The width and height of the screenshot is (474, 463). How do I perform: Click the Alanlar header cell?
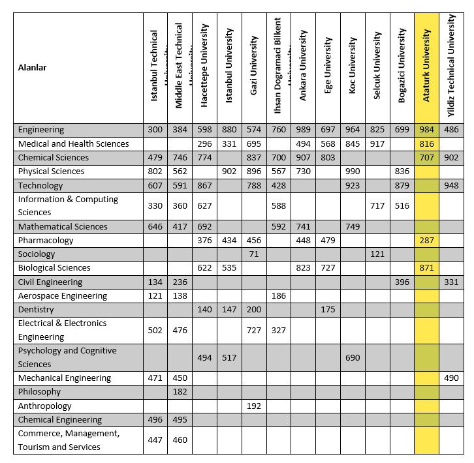(x=33, y=67)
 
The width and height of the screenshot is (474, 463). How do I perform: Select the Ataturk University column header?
(x=426, y=68)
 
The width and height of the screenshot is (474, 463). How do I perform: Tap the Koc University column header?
(x=353, y=68)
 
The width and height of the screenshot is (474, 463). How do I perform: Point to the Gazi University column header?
(x=254, y=68)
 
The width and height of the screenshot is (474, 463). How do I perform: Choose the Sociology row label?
(x=37, y=254)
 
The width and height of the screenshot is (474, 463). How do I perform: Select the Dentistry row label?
(x=37, y=309)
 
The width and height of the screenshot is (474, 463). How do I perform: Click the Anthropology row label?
(x=45, y=406)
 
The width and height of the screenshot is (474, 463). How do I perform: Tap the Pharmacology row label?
(x=46, y=241)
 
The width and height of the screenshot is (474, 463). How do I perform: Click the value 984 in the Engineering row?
(x=426, y=130)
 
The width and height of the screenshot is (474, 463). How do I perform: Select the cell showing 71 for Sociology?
(x=254, y=254)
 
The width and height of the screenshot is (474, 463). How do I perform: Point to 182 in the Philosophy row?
(x=180, y=392)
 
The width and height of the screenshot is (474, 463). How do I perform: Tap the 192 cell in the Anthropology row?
(x=254, y=406)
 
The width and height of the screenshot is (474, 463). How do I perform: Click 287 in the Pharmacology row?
(x=426, y=241)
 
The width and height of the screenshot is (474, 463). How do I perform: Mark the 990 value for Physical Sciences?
(x=353, y=172)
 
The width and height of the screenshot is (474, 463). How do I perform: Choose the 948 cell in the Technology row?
(x=451, y=185)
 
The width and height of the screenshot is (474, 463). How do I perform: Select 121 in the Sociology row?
(x=377, y=254)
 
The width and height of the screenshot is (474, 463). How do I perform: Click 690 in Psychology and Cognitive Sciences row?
(x=353, y=357)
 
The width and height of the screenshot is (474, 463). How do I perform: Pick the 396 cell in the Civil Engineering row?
(x=402, y=282)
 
